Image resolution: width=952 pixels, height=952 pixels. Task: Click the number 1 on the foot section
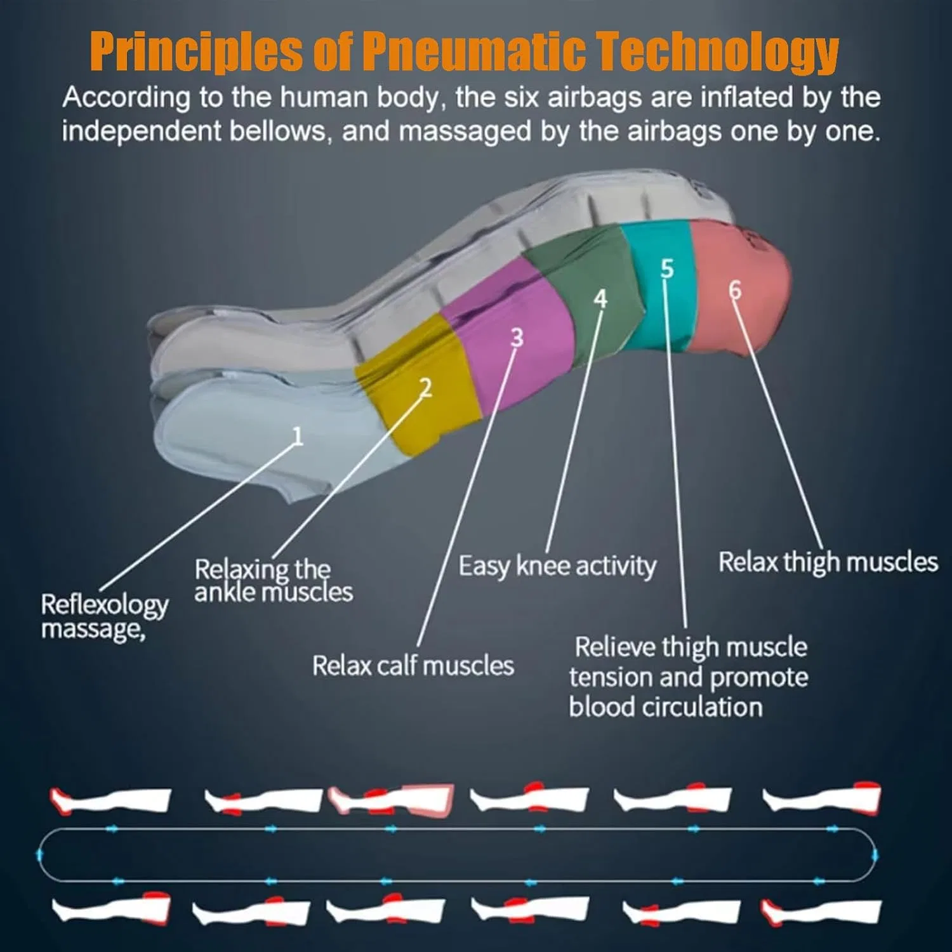[x=297, y=435]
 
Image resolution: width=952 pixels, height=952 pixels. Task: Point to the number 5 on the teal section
[x=666, y=268]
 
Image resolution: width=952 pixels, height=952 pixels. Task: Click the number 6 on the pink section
[x=735, y=289]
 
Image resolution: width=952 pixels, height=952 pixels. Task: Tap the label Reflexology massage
[x=105, y=617]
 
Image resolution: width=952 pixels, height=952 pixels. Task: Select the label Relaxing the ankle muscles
[x=274, y=580]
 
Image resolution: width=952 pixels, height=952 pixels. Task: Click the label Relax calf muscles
[x=413, y=666]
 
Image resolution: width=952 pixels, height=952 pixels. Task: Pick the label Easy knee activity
[x=557, y=565]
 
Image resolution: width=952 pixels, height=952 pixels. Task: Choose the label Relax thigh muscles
[x=828, y=562]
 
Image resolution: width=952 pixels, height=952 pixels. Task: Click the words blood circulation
[x=666, y=707]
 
